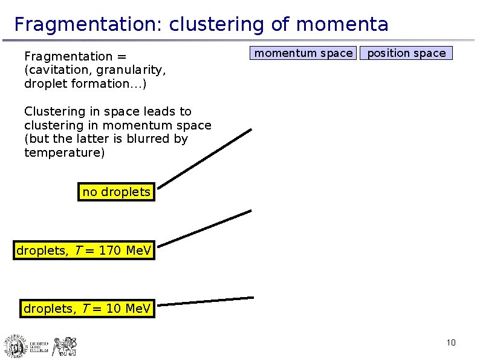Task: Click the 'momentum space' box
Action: (303, 53)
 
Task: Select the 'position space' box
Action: (406, 53)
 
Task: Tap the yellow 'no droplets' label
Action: (116, 192)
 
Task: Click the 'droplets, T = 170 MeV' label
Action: (84, 250)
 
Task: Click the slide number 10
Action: (451, 344)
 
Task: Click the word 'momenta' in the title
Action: (342, 25)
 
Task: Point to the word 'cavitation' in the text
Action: (56, 70)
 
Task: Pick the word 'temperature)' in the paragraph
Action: (64, 152)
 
